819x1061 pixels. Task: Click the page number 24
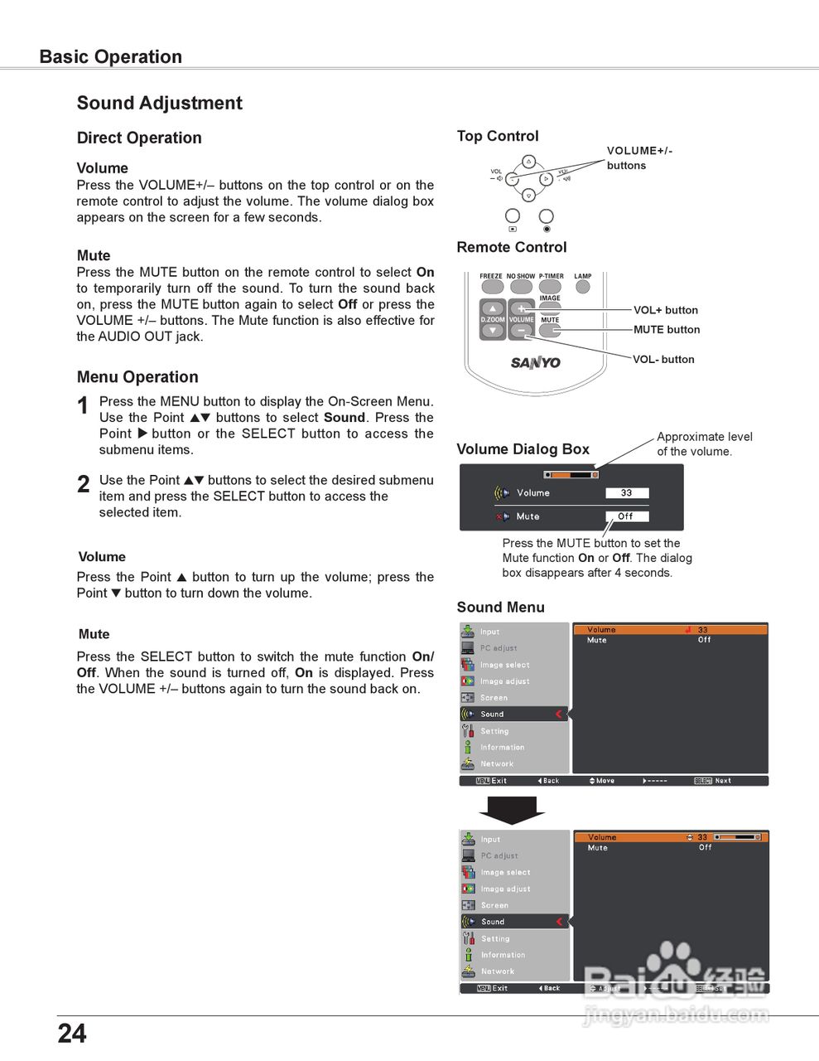72,1033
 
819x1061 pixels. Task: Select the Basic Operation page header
111,57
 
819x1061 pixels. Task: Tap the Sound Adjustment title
160,104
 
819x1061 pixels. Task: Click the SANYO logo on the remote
535,362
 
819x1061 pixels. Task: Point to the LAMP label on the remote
583,276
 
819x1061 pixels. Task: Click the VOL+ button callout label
666,310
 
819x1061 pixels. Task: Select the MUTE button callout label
667,329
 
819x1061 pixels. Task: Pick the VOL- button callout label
663,359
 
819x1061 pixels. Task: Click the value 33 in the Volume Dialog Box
627,492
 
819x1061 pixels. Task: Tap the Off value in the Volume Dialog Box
626,516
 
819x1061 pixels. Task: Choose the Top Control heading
498,136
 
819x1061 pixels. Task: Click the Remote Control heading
512,247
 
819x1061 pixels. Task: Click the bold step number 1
83,405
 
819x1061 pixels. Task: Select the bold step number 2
83,484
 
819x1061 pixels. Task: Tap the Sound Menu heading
501,607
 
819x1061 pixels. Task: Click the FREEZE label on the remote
491,276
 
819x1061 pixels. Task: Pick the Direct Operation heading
139,138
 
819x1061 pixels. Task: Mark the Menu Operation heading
137,377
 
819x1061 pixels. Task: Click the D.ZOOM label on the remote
493,319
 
